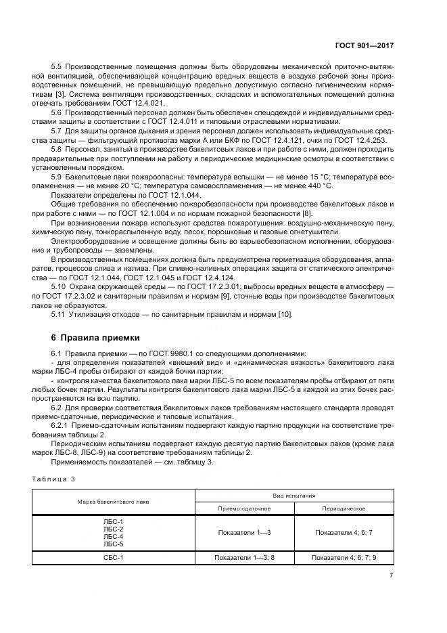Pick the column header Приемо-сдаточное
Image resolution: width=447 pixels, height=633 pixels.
coord(244,508)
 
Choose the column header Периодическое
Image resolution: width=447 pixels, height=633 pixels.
coord(344,508)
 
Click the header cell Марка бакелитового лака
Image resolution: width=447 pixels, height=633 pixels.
coord(113,502)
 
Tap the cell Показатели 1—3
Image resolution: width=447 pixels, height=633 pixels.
coord(244,533)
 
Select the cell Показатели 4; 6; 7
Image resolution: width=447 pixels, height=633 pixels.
coord(344,533)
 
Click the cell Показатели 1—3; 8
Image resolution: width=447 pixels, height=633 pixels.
coord(244,558)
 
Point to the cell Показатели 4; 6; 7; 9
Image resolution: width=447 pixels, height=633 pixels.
coord(344,558)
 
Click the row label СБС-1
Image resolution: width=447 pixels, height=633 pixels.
coord(113,558)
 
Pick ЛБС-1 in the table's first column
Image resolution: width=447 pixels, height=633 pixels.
coord(113,521)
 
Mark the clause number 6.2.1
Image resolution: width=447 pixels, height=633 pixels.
coord(61,424)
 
